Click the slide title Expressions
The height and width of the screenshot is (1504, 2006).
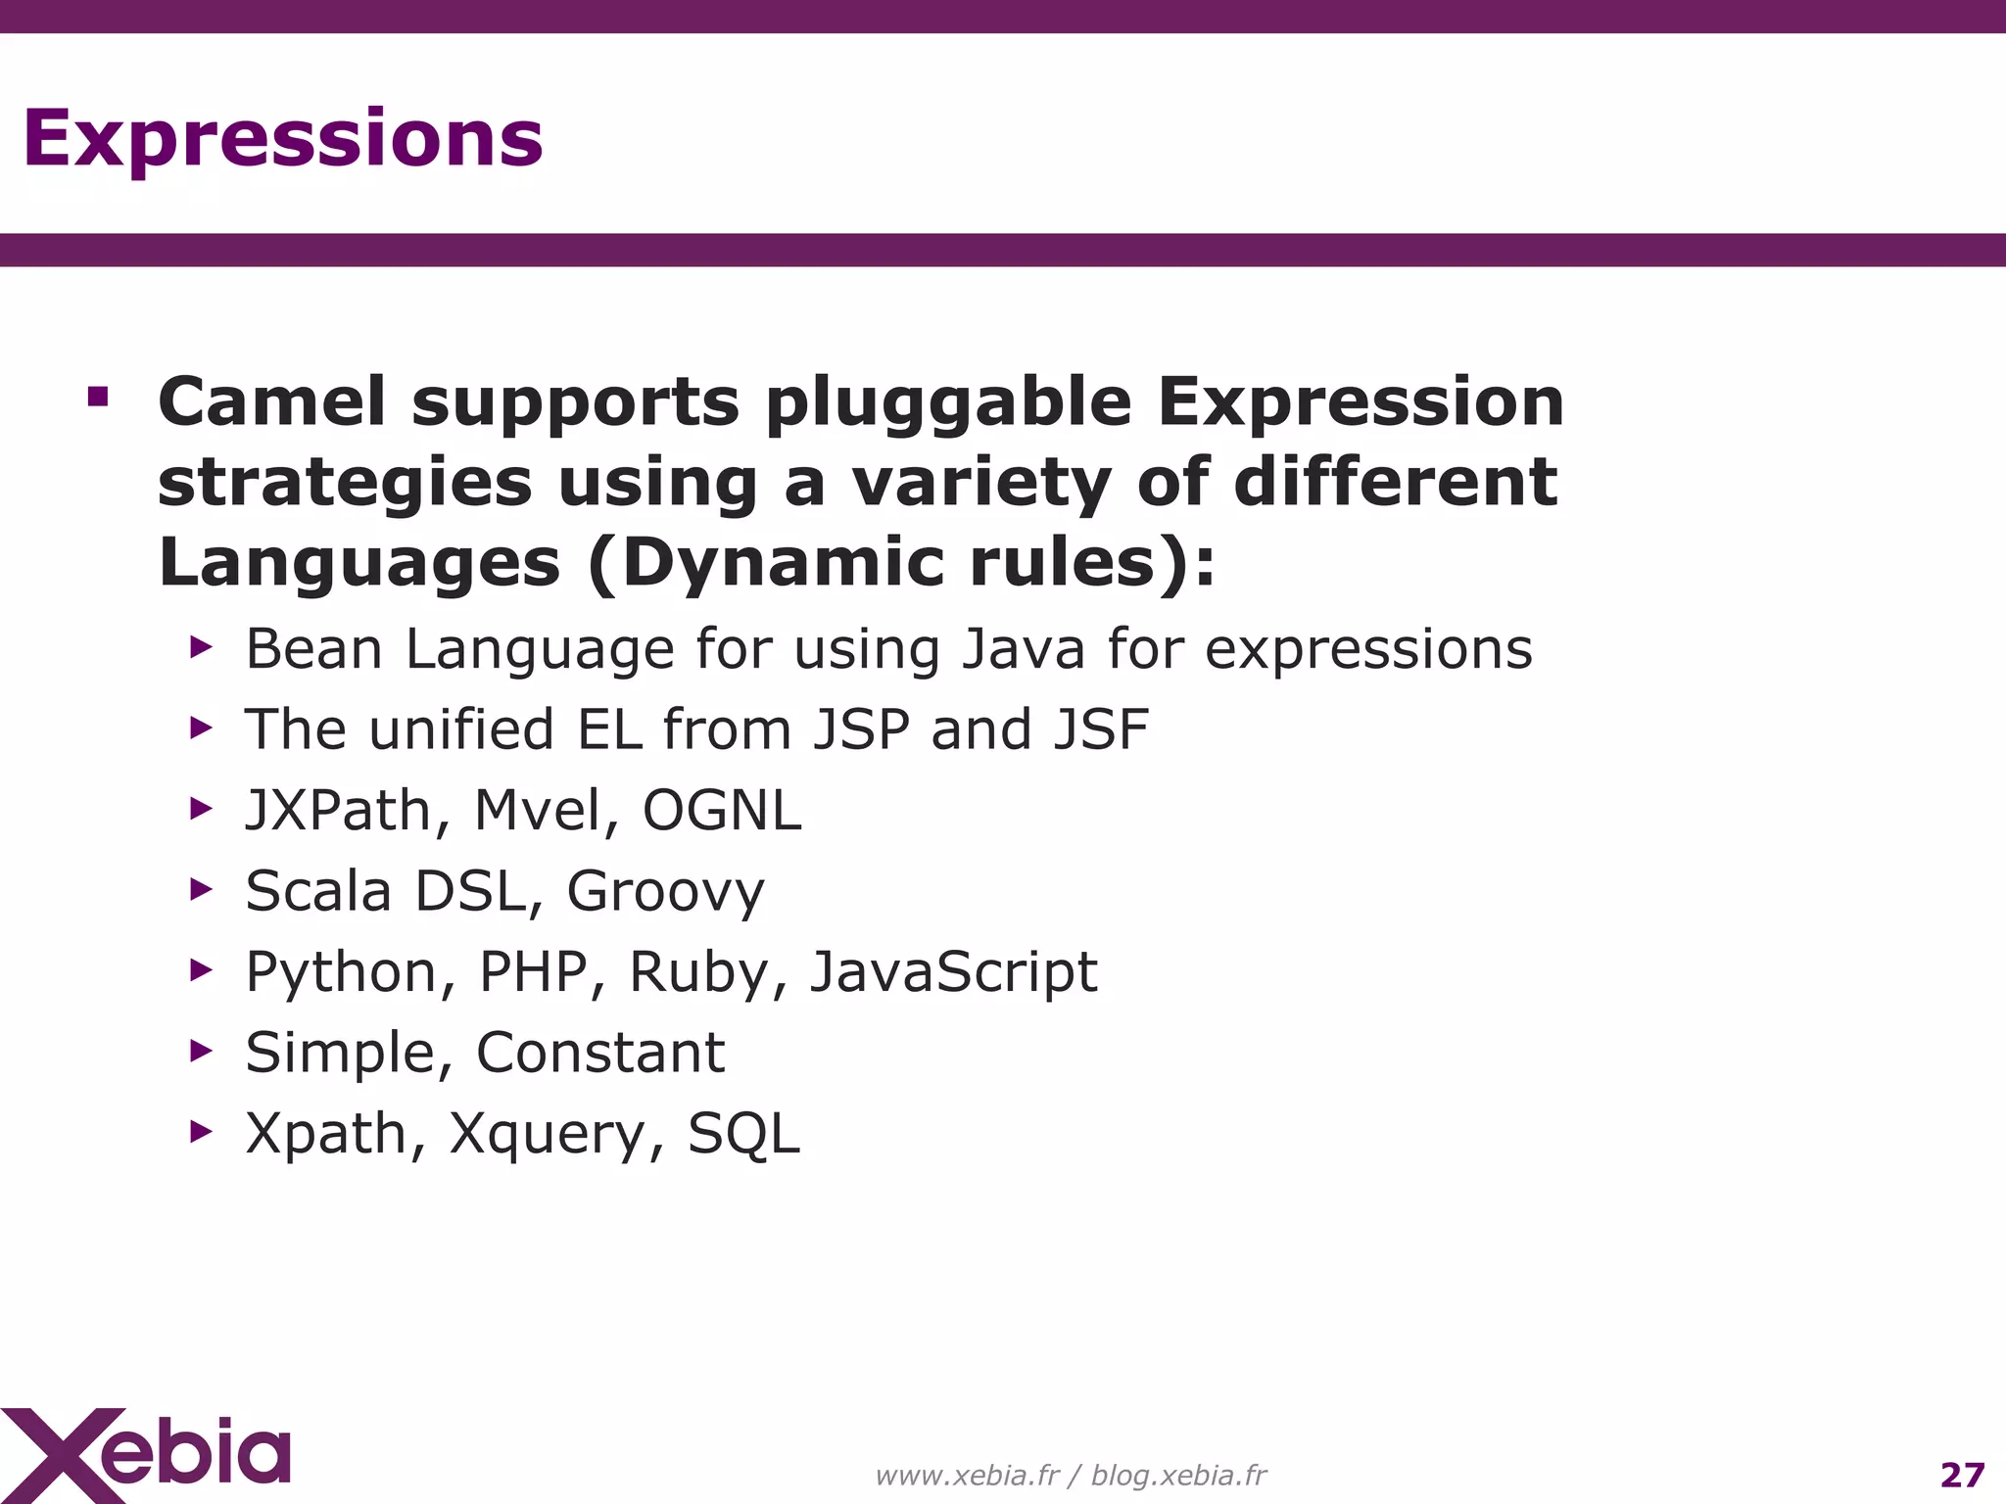click(282, 139)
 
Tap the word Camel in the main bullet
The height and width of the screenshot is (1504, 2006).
click(272, 402)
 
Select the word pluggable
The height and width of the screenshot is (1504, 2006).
click(948, 404)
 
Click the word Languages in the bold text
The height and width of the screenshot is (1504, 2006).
click(359, 563)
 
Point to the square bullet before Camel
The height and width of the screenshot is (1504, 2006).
click(97, 397)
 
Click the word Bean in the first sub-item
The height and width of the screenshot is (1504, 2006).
click(313, 649)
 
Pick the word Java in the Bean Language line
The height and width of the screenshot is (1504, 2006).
click(1023, 649)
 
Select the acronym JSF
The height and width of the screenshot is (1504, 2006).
click(1101, 729)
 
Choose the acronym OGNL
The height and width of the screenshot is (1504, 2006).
click(722, 811)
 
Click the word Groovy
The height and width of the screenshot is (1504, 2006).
click(665, 892)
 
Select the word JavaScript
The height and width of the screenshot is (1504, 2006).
click(953, 973)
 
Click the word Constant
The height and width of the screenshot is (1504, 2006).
click(600, 1053)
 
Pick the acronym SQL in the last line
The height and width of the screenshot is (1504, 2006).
click(743, 1134)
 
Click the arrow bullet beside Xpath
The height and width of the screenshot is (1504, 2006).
click(201, 1132)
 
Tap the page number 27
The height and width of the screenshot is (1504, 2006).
click(1962, 1475)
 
